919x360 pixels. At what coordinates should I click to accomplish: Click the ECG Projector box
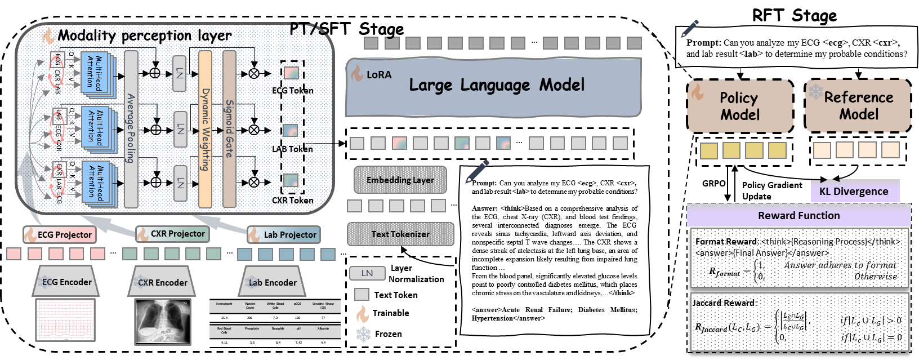click(x=59, y=234)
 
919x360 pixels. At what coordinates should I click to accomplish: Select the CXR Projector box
click(x=173, y=234)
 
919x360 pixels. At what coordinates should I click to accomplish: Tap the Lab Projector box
click(x=284, y=234)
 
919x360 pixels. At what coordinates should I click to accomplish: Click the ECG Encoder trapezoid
click(x=66, y=282)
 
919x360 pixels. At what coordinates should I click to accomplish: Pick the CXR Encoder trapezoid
click(x=162, y=282)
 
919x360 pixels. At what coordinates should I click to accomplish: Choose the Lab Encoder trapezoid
click(x=273, y=282)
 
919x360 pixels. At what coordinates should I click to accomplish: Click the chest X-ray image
click(x=163, y=321)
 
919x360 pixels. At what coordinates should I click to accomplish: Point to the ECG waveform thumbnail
click(x=65, y=320)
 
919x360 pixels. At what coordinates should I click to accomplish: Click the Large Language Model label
click(x=497, y=85)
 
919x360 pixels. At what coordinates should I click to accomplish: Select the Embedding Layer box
click(x=400, y=180)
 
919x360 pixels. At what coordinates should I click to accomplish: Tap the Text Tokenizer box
click(x=400, y=234)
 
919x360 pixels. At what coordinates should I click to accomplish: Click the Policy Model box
click(x=740, y=106)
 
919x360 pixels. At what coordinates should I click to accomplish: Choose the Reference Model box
click(x=858, y=106)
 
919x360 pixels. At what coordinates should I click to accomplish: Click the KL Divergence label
click(x=854, y=191)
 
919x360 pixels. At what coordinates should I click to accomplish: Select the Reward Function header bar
click(x=798, y=215)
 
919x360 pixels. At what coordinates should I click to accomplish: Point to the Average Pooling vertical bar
click(x=131, y=128)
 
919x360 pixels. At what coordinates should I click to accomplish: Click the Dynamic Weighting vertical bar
click(x=206, y=128)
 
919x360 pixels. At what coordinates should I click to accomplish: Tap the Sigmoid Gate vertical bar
click(x=229, y=128)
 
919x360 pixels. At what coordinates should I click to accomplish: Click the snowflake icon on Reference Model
click(x=815, y=91)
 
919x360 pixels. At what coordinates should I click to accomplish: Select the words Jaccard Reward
click(x=724, y=303)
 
